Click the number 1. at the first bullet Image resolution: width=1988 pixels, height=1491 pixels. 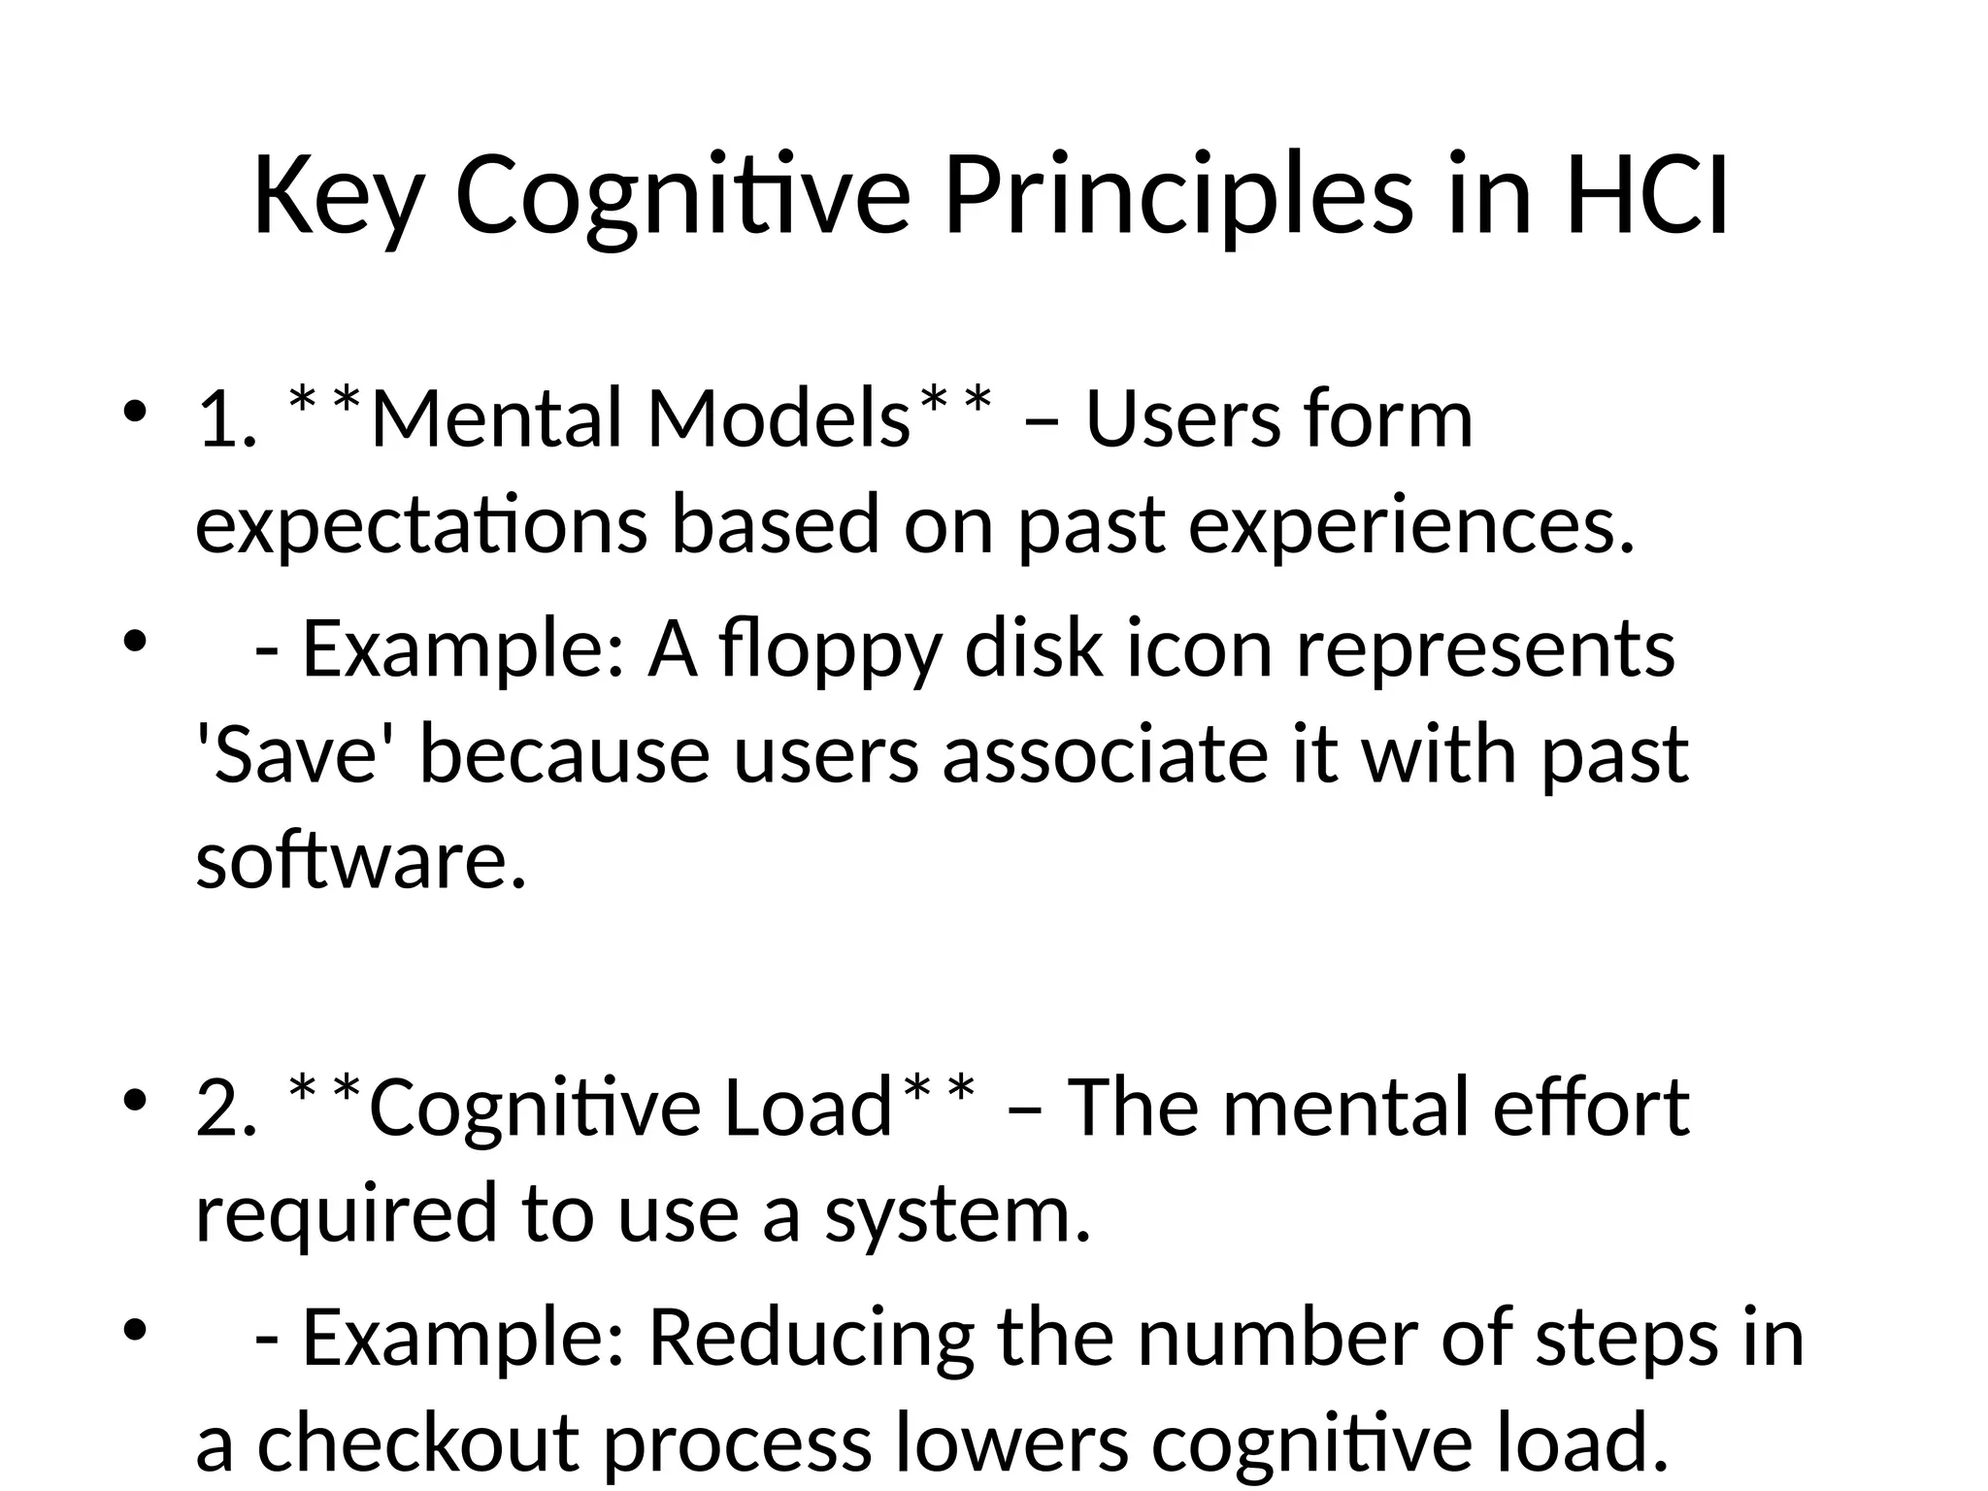[x=227, y=419]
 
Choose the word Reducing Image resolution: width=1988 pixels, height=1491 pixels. [x=811, y=1340]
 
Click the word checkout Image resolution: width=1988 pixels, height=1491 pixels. [x=418, y=1443]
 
